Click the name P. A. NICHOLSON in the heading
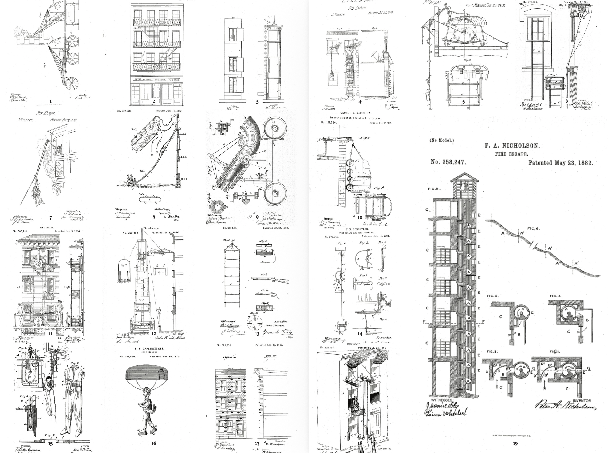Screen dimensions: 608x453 click(512, 145)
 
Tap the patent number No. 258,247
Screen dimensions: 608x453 click(448, 162)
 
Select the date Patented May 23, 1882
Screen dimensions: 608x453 click(560, 163)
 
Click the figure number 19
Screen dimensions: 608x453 click(515, 443)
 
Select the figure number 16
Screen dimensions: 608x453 click(154, 443)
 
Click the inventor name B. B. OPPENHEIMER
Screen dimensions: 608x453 click(149, 348)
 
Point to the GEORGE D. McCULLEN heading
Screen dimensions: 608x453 click(356, 113)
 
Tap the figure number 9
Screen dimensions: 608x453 click(257, 217)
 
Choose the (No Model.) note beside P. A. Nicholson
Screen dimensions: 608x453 click(441, 140)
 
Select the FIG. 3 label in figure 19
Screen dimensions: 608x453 click(492, 296)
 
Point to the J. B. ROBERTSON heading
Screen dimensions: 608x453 click(357, 229)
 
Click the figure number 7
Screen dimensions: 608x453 click(50, 218)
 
